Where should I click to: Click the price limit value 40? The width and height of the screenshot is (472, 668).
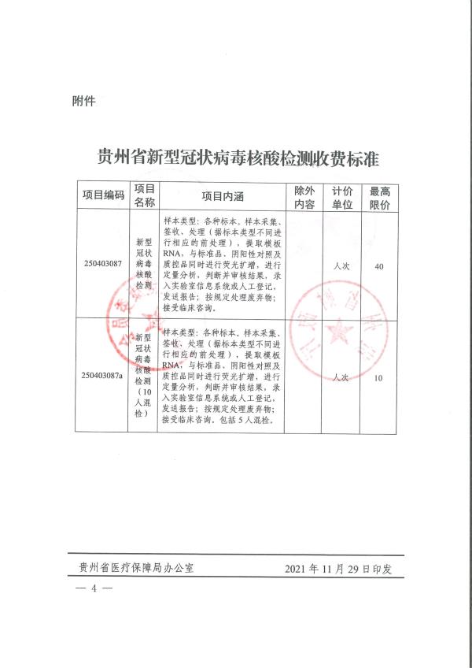pos(379,267)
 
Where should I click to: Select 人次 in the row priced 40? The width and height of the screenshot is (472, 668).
pos(341,267)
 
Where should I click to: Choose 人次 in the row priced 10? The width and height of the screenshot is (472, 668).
pos(341,378)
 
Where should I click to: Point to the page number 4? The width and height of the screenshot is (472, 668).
pos(94,588)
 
